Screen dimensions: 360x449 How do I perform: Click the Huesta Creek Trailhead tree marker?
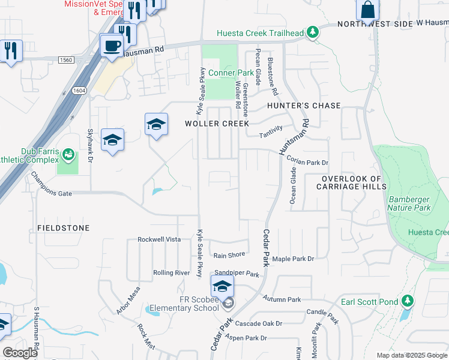point(312,32)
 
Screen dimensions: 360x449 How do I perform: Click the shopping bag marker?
point(367,10)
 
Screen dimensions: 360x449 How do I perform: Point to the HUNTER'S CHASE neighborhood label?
point(304,106)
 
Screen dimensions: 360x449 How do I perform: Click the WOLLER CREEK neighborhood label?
point(217,124)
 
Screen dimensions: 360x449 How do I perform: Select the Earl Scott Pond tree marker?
point(408,300)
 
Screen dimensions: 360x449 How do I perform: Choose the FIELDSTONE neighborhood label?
point(64,228)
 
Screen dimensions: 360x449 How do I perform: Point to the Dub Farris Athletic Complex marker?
point(68,155)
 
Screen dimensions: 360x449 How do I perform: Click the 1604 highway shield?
point(79,91)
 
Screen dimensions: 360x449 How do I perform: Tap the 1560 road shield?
point(66,59)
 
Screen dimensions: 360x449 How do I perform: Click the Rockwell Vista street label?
point(159,239)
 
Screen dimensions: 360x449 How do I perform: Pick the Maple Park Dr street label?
point(294,259)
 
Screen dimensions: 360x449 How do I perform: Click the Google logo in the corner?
point(20,353)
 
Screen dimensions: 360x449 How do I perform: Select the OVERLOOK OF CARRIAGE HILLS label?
point(352,182)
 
